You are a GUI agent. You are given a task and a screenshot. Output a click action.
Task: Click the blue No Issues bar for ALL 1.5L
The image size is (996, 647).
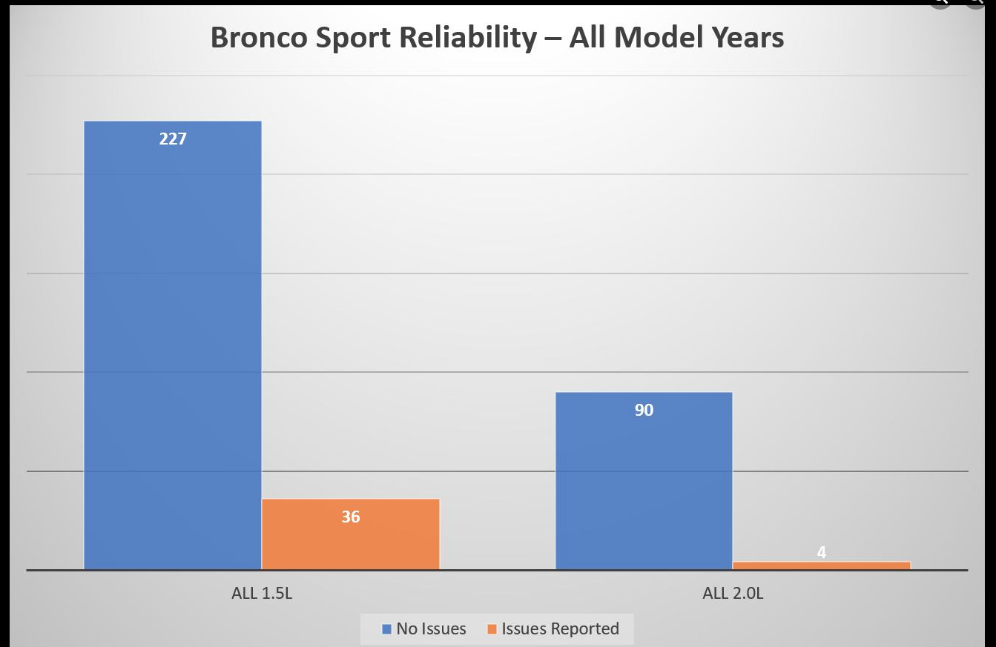pyautogui.click(x=173, y=345)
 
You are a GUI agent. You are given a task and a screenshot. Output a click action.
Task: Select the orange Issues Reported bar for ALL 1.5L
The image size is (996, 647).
pyautogui.click(x=350, y=534)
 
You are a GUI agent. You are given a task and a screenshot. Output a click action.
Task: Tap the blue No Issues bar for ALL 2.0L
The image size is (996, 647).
pyautogui.click(x=644, y=481)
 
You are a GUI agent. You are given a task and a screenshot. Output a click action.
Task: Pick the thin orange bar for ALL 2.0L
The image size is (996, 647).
pyautogui.click(x=821, y=565)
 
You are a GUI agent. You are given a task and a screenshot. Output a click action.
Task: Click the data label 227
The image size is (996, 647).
pyautogui.click(x=173, y=139)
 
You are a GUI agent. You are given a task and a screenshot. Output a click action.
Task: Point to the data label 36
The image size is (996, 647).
pyautogui.click(x=350, y=517)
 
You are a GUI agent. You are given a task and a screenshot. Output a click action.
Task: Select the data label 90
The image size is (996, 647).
pyautogui.click(x=644, y=410)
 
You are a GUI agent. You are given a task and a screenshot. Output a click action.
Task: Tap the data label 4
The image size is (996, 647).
pyautogui.click(x=821, y=552)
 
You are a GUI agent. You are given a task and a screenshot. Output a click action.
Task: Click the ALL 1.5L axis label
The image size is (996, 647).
pyautogui.click(x=262, y=593)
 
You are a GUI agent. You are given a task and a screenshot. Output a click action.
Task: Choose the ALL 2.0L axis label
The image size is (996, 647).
pyautogui.click(x=733, y=593)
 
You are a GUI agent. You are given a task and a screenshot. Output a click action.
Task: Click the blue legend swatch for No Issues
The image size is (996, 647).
pyautogui.click(x=386, y=628)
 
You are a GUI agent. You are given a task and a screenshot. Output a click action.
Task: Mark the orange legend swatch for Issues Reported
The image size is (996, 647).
pyautogui.click(x=492, y=628)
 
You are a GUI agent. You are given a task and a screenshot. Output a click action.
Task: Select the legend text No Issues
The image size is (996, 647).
pyautogui.click(x=431, y=628)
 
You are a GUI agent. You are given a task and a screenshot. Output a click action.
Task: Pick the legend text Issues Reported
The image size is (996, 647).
pyautogui.click(x=560, y=628)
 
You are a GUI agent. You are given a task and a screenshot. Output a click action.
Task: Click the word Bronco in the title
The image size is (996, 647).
pyautogui.click(x=259, y=37)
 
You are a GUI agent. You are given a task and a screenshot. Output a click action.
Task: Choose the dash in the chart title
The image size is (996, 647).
pyautogui.click(x=553, y=39)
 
